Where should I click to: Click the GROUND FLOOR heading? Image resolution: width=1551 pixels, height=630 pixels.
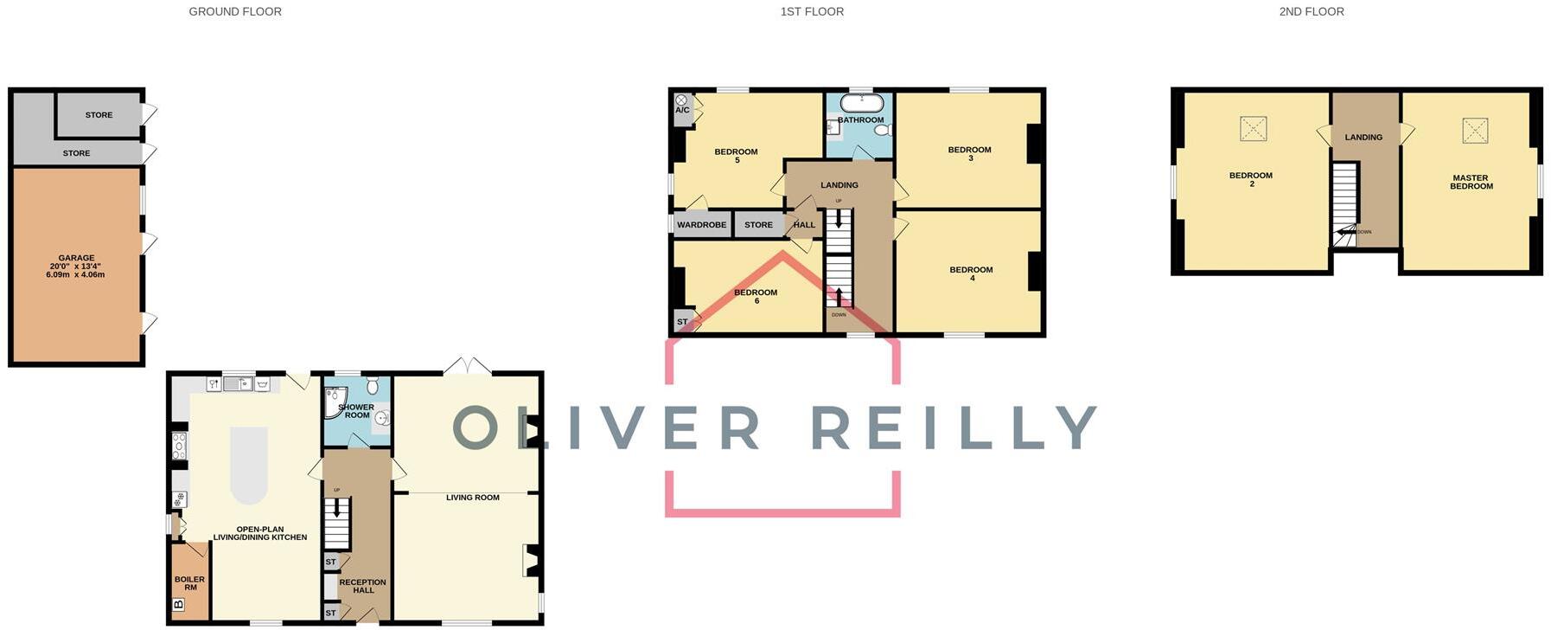[x=235, y=12]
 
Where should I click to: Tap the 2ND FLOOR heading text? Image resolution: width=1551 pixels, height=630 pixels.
[x=1312, y=12]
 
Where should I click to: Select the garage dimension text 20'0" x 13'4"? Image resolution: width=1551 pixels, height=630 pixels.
[x=75, y=267]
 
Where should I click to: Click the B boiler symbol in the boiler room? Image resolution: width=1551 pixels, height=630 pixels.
[x=179, y=605]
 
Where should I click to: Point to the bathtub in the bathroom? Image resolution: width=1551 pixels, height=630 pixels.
[x=861, y=104]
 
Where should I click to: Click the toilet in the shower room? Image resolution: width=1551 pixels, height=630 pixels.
[x=373, y=385]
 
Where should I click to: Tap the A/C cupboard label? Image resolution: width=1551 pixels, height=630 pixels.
[x=682, y=110]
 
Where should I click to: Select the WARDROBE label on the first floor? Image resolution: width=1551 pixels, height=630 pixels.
[x=701, y=225]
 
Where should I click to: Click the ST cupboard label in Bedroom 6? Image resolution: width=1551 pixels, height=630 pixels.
[x=682, y=322]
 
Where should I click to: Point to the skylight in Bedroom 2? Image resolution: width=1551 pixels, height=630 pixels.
[x=1253, y=129]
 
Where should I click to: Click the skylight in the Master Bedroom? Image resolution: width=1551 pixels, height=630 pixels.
[x=1475, y=131]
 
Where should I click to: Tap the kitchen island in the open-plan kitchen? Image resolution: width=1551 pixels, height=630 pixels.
[x=249, y=465]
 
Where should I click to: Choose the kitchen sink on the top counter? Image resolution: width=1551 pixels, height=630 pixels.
[x=238, y=383]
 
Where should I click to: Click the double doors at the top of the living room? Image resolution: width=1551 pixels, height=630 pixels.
[x=467, y=367]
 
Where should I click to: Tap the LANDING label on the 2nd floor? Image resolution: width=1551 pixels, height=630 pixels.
[x=1363, y=137]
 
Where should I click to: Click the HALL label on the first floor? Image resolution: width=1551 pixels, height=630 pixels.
[x=804, y=225]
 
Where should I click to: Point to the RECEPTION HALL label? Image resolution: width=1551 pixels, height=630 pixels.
[x=363, y=586]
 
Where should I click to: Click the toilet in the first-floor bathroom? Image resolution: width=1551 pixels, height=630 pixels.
[x=883, y=130]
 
